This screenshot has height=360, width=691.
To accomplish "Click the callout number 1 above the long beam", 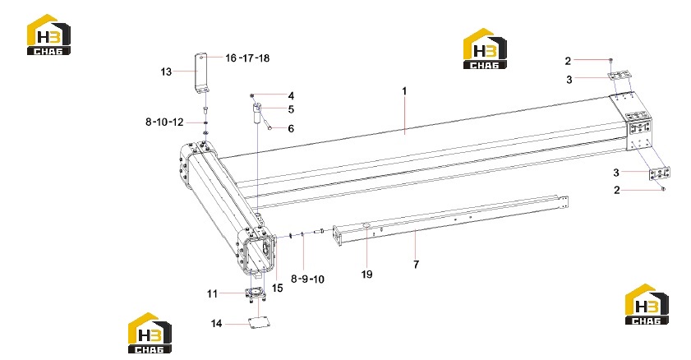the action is click(404, 91).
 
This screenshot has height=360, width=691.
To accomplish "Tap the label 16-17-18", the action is click(247, 58).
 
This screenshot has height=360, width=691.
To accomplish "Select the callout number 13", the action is click(166, 72).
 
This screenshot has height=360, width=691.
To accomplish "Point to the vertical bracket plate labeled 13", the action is click(202, 73).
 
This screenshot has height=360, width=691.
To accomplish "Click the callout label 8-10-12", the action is click(164, 122).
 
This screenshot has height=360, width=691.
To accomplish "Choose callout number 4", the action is click(291, 95).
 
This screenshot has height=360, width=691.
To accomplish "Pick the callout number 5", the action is click(291, 109).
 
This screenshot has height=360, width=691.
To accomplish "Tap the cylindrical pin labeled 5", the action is click(256, 113).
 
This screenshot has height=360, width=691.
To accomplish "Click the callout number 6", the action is click(291, 129).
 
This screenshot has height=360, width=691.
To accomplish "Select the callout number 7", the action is click(416, 265).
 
